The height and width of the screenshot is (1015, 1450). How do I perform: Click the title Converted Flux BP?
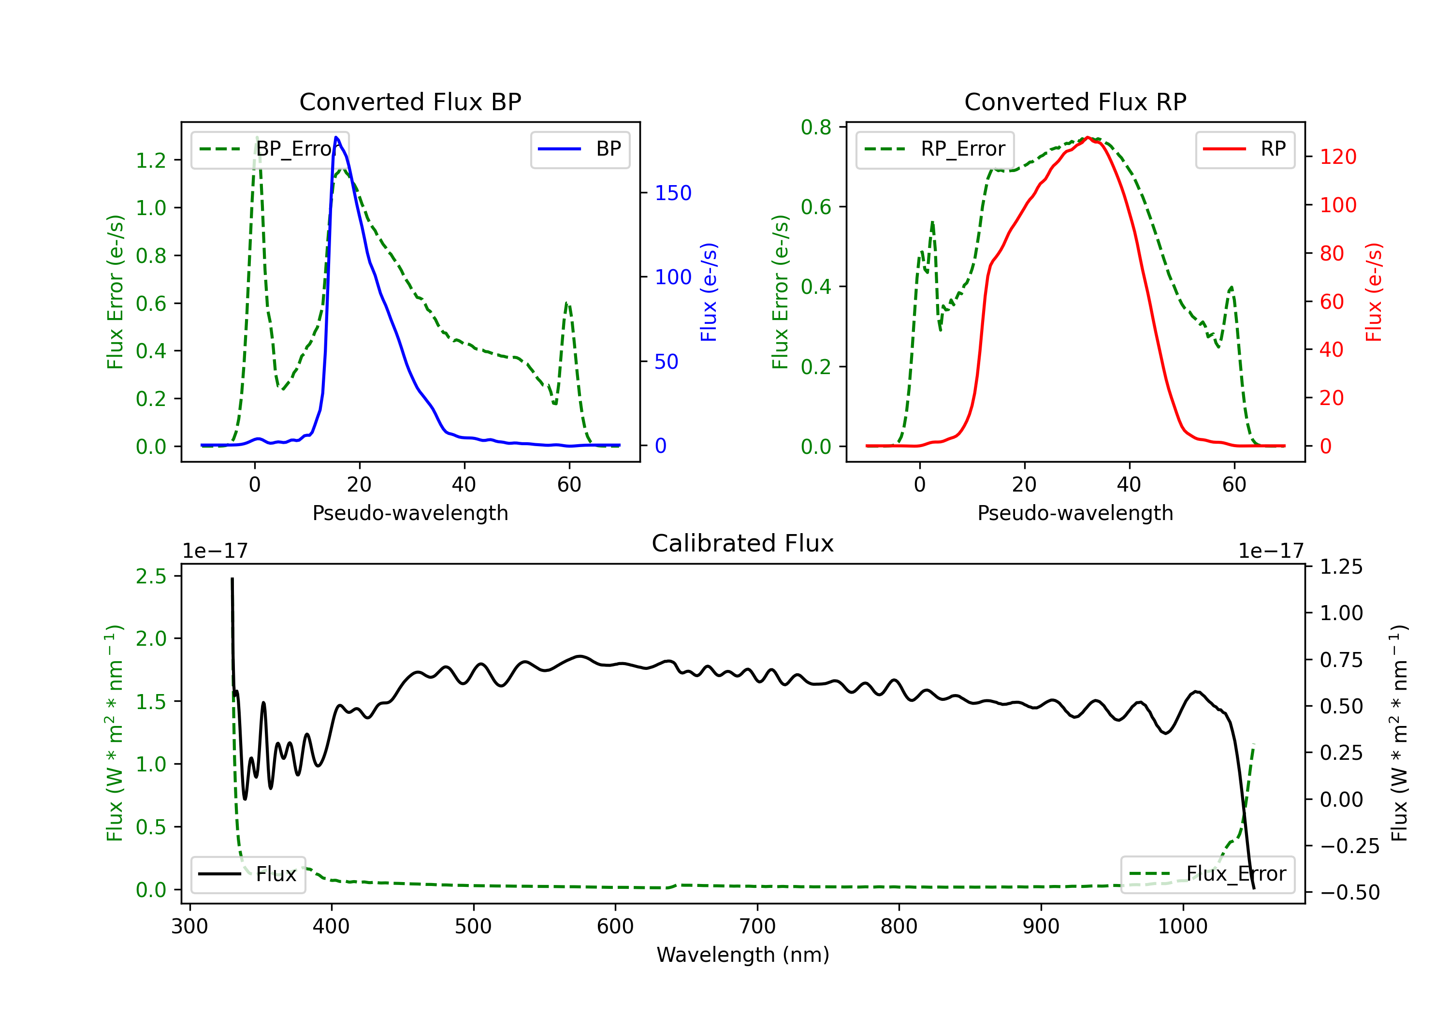click(x=410, y=101)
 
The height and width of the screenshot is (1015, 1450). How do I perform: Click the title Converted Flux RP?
click(x=1075, y=101)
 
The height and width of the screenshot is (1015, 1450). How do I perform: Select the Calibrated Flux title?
click(x=743, y=543)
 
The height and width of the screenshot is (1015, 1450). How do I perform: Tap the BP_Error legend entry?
click(x=270, y=149)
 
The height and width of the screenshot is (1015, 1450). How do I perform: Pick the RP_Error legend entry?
click(x=935, y=149)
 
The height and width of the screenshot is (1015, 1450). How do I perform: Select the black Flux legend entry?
click(x=248, y=874)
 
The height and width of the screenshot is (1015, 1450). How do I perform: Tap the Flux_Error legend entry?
click(x=1207, y=874)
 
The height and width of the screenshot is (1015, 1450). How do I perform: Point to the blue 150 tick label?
click(x=673, y=193)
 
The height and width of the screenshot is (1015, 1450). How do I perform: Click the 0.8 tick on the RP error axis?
click(x=816, y=128)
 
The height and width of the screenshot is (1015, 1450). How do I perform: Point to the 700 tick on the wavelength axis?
click(x=757, y=927)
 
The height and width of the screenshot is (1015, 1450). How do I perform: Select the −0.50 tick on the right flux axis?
click(x=1349, y=892)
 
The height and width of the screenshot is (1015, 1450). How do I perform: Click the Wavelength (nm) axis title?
click(x=743, y=955)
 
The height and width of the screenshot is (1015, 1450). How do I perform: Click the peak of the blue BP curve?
click(x=336, y=137)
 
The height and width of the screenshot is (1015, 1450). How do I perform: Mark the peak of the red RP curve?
click(x=1087, y=137)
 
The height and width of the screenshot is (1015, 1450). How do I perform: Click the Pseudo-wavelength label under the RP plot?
click(x=1075, y=513)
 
